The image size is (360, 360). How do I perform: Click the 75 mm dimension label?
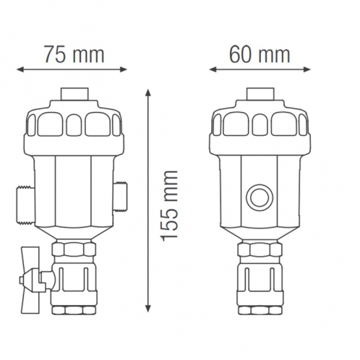click(73, 54)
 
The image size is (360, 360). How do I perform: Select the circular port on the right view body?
click(258, 196)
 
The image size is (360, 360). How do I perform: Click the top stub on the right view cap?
click(258, 95)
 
